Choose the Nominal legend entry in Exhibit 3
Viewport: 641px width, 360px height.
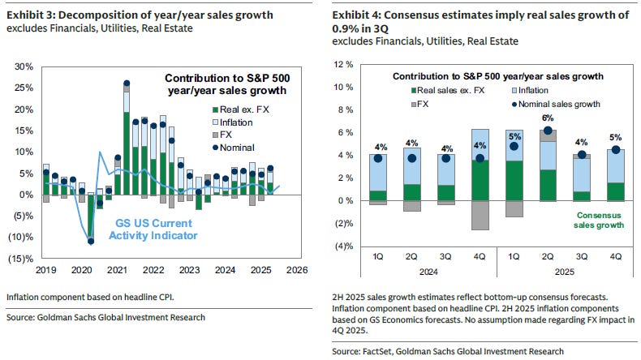(238, 148)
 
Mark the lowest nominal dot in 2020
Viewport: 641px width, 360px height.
(91, 241)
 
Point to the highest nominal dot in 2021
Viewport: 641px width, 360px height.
(127, 84)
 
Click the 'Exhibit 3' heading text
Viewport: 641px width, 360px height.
(29, 15)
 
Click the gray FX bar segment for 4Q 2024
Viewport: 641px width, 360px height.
(480, 215)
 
